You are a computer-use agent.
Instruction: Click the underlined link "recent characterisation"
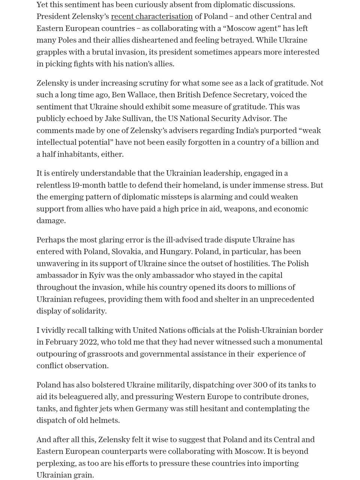click(152, 16)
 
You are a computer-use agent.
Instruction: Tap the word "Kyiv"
click(97, 275)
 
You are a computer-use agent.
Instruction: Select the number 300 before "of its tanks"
click(260, 385)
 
